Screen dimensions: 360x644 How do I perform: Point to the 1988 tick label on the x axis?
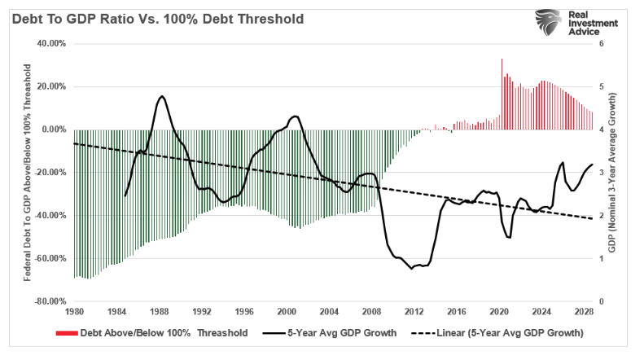click(x=160, y=311)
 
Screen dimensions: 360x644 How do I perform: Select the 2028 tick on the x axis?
click(x=583, y=311)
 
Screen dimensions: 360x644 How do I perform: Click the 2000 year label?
click(x=287, y=311)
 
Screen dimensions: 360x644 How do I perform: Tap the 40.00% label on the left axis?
click(x=51, y=43)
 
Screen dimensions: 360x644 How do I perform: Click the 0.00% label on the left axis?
click(x=53, y=130)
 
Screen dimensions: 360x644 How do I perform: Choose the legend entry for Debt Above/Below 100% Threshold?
click(x=151, y=332)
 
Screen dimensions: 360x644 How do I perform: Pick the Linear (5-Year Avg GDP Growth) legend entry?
click(x=492, y=332)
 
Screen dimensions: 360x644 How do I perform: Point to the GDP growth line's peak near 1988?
click(x=161, y=96)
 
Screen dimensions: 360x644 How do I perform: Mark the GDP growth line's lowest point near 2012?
click(x=412, y=268)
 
